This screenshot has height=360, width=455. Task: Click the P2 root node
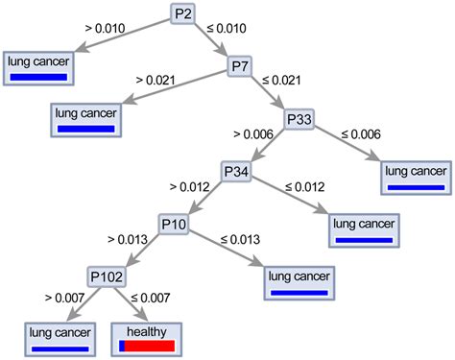tap(184, 13)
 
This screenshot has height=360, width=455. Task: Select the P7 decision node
tap(241, 66)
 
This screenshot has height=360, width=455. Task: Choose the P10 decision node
tap(174, 225)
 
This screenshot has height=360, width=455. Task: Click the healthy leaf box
tap(145, 337)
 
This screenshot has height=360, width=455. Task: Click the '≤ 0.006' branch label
tap(362, 133)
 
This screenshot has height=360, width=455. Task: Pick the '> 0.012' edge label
tap(189, 185)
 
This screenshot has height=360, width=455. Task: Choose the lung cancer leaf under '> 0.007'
tap(60, 337)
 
